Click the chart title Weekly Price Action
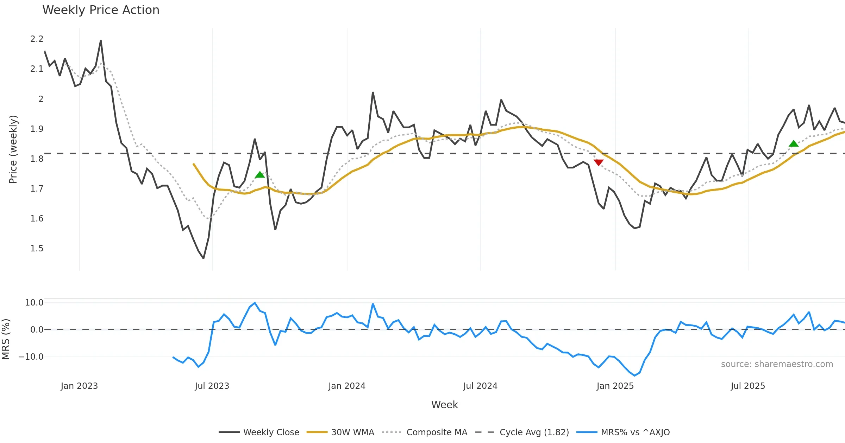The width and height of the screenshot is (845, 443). [101, 10]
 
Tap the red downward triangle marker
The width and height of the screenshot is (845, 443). [599, 162]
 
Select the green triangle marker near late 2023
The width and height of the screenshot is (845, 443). [260, 175]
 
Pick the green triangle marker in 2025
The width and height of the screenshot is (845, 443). [794, 143]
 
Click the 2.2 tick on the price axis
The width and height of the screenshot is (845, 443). [37, 39]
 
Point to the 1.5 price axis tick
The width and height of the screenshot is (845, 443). [37, 249]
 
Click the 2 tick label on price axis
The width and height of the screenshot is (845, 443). [41, 99]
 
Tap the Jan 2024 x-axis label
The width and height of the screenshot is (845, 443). [347, 386]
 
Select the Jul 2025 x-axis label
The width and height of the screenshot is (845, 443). [748, 386]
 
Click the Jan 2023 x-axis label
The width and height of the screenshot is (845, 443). [79, 386]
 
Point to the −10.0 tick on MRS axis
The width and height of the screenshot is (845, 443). [31, 357]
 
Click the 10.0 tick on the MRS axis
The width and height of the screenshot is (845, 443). [34, 303]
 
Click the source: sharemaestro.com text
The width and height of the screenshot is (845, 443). [777, 364]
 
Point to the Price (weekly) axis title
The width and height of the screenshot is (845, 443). [13, 149]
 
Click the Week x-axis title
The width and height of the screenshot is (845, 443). [444, 405]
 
